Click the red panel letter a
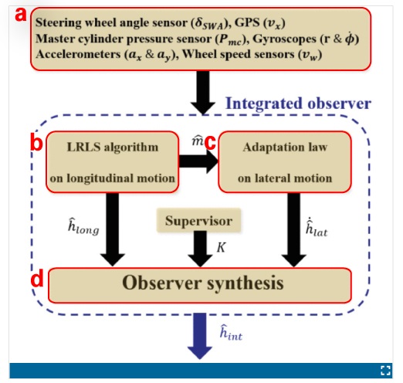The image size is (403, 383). point(21,15)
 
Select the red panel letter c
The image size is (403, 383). point(210,143)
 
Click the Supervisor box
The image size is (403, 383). point(198,220)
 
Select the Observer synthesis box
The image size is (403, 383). point(200,285)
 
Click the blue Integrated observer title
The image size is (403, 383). point(298,103)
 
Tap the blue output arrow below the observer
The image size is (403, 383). point(200,336)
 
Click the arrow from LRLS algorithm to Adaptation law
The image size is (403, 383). point(198,161)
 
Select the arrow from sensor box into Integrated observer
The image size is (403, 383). point(203,93)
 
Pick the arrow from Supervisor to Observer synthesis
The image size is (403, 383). point(200,249)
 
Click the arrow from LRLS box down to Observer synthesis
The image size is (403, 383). point(113,229)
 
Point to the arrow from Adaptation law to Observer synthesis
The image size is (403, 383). point(293,230)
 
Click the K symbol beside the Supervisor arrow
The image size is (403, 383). point(221,248)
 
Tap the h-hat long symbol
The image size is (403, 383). point(83,226)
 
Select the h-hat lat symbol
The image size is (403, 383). point(317,228)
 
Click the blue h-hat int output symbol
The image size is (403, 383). point(231,333)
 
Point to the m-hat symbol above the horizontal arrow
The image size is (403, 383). point(198,141)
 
